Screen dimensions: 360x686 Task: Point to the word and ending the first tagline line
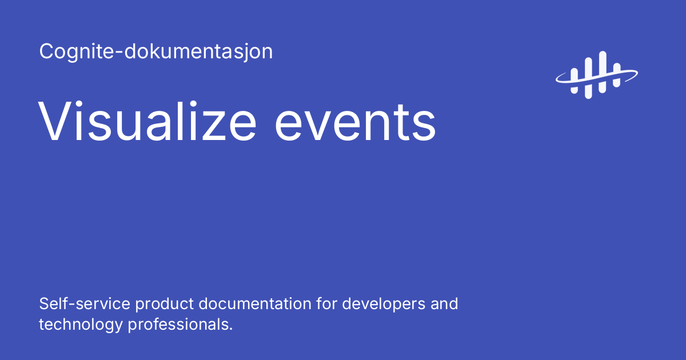[x=445, y=303]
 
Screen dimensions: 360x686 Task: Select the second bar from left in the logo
[x=588, y=77]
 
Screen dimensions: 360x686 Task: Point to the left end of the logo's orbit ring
[x=558, y=80]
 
